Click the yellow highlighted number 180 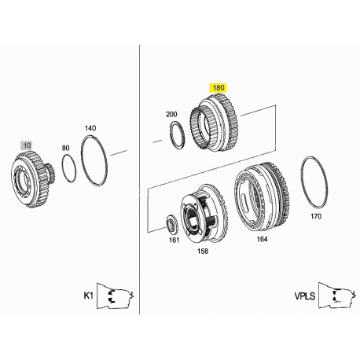(x=218, y=88)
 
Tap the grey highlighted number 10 (x=27, y=145)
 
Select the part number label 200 (x=171, y=114)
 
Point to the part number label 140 (x=90, y=128)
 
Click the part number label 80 (x=65, y=148)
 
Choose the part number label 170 (x=316, y=216)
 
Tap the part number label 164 (x=262, y=239)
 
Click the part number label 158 (x=203, y=252)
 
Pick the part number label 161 (x=174, y=240)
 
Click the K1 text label (x=88, y=296)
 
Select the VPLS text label (x=304, y=296)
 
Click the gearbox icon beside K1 (x=116, y=296)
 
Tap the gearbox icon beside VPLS (x=337, y=296)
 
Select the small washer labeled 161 (x=173, y=226)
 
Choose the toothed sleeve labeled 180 (x=214, y=124)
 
